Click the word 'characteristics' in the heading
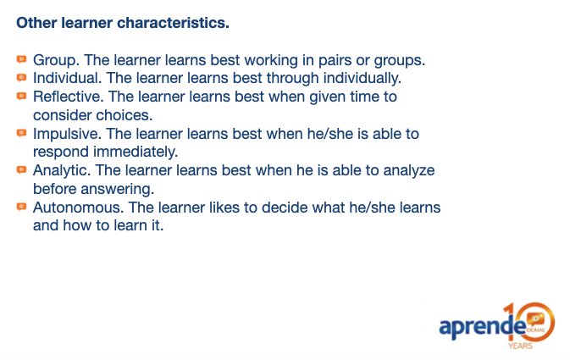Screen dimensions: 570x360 tap(172, 23)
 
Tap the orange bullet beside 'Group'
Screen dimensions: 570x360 tap(22, 59)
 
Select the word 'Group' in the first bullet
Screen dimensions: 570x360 tap(54, 61)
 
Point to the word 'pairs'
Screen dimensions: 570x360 tap(335, 61)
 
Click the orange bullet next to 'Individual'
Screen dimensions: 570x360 tap(22, 77)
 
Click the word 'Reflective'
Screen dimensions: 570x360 tap(67, 97)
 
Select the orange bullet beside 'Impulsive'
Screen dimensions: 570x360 tap(22, 133)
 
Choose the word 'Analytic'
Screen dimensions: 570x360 tap(60, 170)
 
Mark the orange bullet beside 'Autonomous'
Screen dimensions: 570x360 tap(22, 207)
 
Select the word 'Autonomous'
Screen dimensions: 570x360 tap(77, 208)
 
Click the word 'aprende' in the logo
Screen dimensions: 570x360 tap(482, 326)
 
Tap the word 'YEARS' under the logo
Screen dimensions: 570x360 tap(520, 346)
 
